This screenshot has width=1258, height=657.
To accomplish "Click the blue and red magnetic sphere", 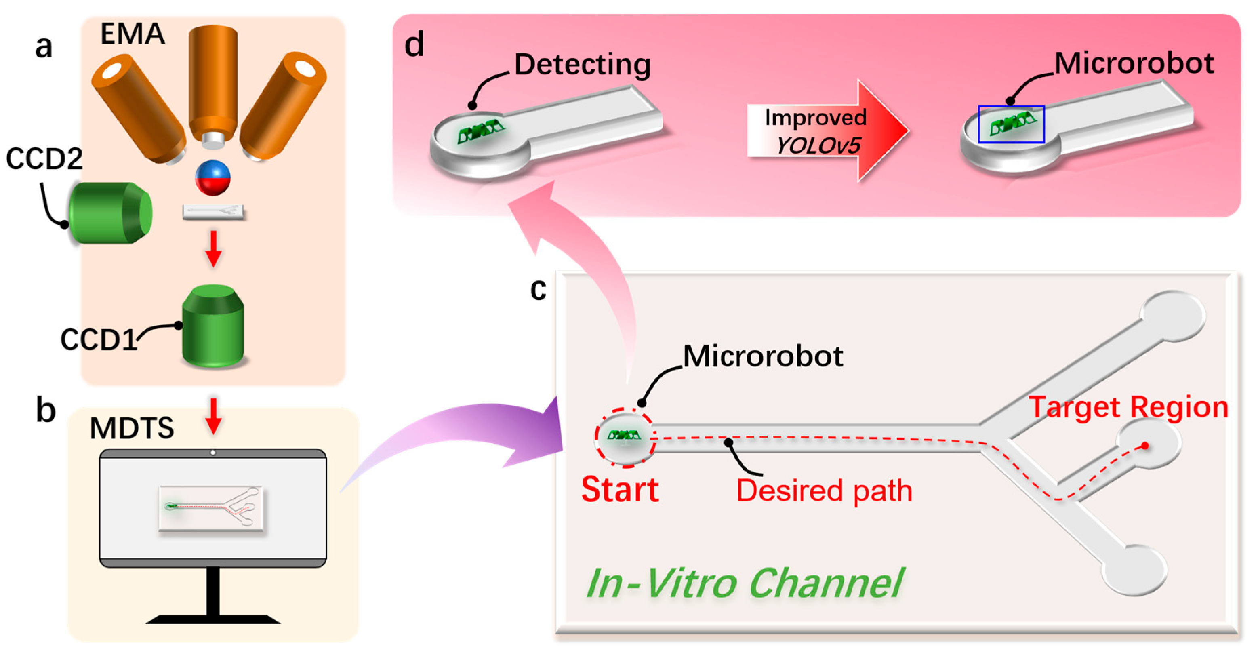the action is (x=212, y=177).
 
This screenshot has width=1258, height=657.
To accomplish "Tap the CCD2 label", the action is (x=44, y=158).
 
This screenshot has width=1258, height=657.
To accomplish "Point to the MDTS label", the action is (x=132, y=428).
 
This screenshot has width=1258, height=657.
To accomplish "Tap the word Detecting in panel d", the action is (x=583, y=65).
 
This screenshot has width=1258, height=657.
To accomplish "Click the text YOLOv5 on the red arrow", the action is (x=818, y=145).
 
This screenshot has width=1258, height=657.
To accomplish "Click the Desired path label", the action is (x=825, y=491).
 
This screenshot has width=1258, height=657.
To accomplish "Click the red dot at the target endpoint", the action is (x=1145, y=446).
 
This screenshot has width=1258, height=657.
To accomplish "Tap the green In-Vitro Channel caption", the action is (x=745, y=583).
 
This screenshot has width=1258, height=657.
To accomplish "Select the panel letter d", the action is (x=414, y=45).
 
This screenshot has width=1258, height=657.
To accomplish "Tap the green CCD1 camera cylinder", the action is (x=213, y=325).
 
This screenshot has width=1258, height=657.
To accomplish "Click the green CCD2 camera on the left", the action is (x=110, y=213).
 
